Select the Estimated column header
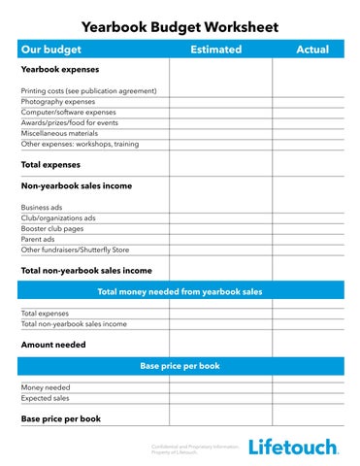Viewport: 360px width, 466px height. [215, 50]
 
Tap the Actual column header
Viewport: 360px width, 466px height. [311, 50]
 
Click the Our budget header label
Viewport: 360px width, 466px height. [52, 50]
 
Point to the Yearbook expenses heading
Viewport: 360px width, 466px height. [59, 70]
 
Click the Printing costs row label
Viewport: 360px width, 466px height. [88, 90]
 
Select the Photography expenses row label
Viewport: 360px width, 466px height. [57, 101]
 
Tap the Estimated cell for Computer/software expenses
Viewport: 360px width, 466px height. [219, 112]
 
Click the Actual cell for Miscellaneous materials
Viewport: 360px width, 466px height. [308, 133]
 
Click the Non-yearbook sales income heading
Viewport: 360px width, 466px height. [77, 185]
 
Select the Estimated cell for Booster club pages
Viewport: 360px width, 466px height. [219, 228]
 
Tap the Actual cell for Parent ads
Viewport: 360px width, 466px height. [308, 239]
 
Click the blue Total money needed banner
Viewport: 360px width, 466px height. [180, 290]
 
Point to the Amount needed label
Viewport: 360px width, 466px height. [53, 345]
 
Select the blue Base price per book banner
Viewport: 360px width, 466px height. [180, 366]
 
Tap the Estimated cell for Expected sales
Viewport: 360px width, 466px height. [219, 398]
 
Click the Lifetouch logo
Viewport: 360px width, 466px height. [293, 447]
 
